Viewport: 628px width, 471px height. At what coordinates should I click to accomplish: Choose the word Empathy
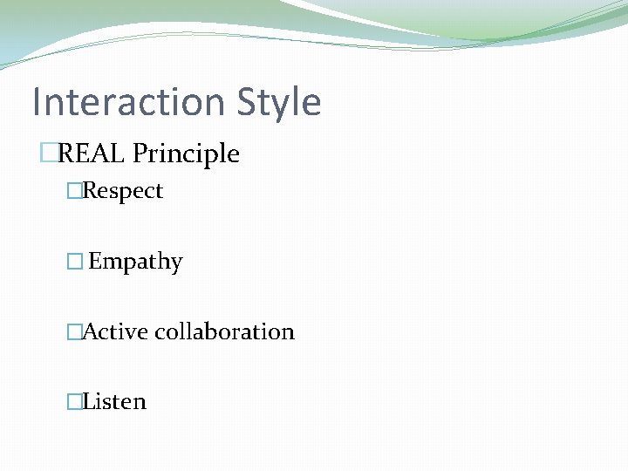click(x=135, y=263)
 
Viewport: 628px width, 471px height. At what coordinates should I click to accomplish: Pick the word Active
click(x=115, y=331)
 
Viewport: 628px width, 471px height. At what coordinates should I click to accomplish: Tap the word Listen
click(x=114, y=401)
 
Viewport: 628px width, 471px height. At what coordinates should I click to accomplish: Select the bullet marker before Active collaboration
click(x=74, y=331)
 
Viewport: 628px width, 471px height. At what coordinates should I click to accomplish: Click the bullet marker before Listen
click(x=74, y=401)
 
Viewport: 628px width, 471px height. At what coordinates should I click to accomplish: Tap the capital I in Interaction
click(x=37, y=102)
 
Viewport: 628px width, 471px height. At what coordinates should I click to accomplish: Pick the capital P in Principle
click(x=140, y=154)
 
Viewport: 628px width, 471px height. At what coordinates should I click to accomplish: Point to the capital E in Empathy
click(x=95, y=261)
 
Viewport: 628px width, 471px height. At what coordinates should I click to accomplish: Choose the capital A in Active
click(x=90, y=331)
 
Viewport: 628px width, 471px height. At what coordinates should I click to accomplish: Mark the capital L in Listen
click(x=88, y=401)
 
